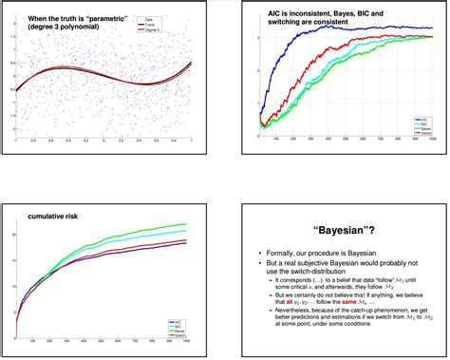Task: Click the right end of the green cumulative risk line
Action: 187,224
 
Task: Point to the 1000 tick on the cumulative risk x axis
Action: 187,344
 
